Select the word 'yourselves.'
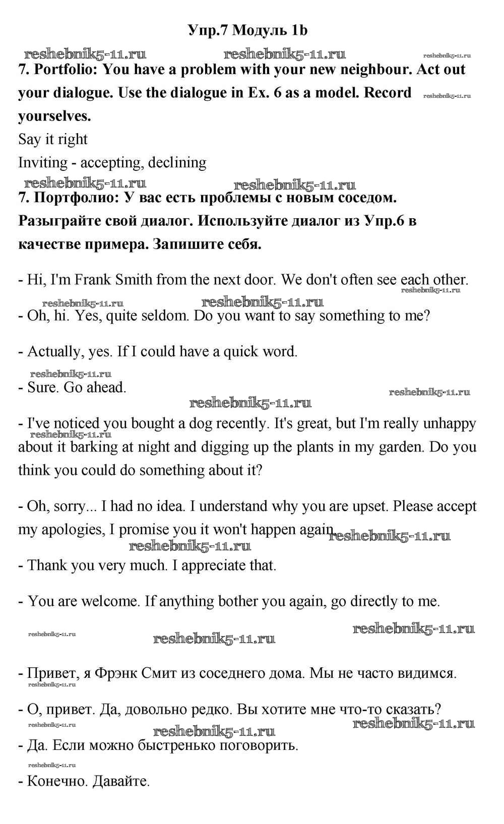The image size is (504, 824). tap(54, 116)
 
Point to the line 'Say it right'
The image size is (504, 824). tap(53, 140)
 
